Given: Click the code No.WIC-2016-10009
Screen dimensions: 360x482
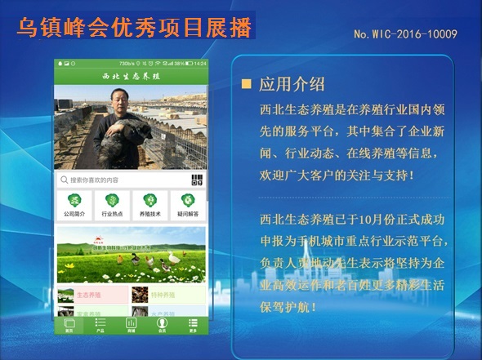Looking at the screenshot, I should (x=405, y=34).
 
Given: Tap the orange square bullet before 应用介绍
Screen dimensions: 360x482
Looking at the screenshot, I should (x=246, y=84).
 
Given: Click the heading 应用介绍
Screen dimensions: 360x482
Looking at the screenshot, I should (x=292, y=84).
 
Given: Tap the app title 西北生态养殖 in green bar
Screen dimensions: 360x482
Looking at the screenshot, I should (x=131, y=76).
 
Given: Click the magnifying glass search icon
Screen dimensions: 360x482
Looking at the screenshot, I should (x=64, y=180).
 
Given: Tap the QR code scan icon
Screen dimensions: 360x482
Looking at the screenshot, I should (x=197, y=180).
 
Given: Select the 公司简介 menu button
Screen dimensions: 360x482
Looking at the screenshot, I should (x=74, y=205).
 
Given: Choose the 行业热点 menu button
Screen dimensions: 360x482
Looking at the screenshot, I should (x=112, y=205).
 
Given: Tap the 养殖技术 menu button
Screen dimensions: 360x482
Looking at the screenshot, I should (x=150, y=205).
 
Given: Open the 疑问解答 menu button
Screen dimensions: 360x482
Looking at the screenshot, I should (x=188, y=205).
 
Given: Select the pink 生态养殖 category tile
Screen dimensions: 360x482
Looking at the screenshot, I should (x=92, y=294).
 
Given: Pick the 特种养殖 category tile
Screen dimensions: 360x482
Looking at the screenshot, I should (x=167, y=294).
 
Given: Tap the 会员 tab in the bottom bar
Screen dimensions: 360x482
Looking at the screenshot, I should (x=162, y=325).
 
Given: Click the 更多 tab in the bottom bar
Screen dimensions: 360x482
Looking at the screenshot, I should (x=193, y=325).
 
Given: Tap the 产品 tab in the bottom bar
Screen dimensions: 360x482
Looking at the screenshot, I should (x=100, y=325).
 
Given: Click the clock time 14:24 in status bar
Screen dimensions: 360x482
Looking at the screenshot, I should (x=200, y=63).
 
